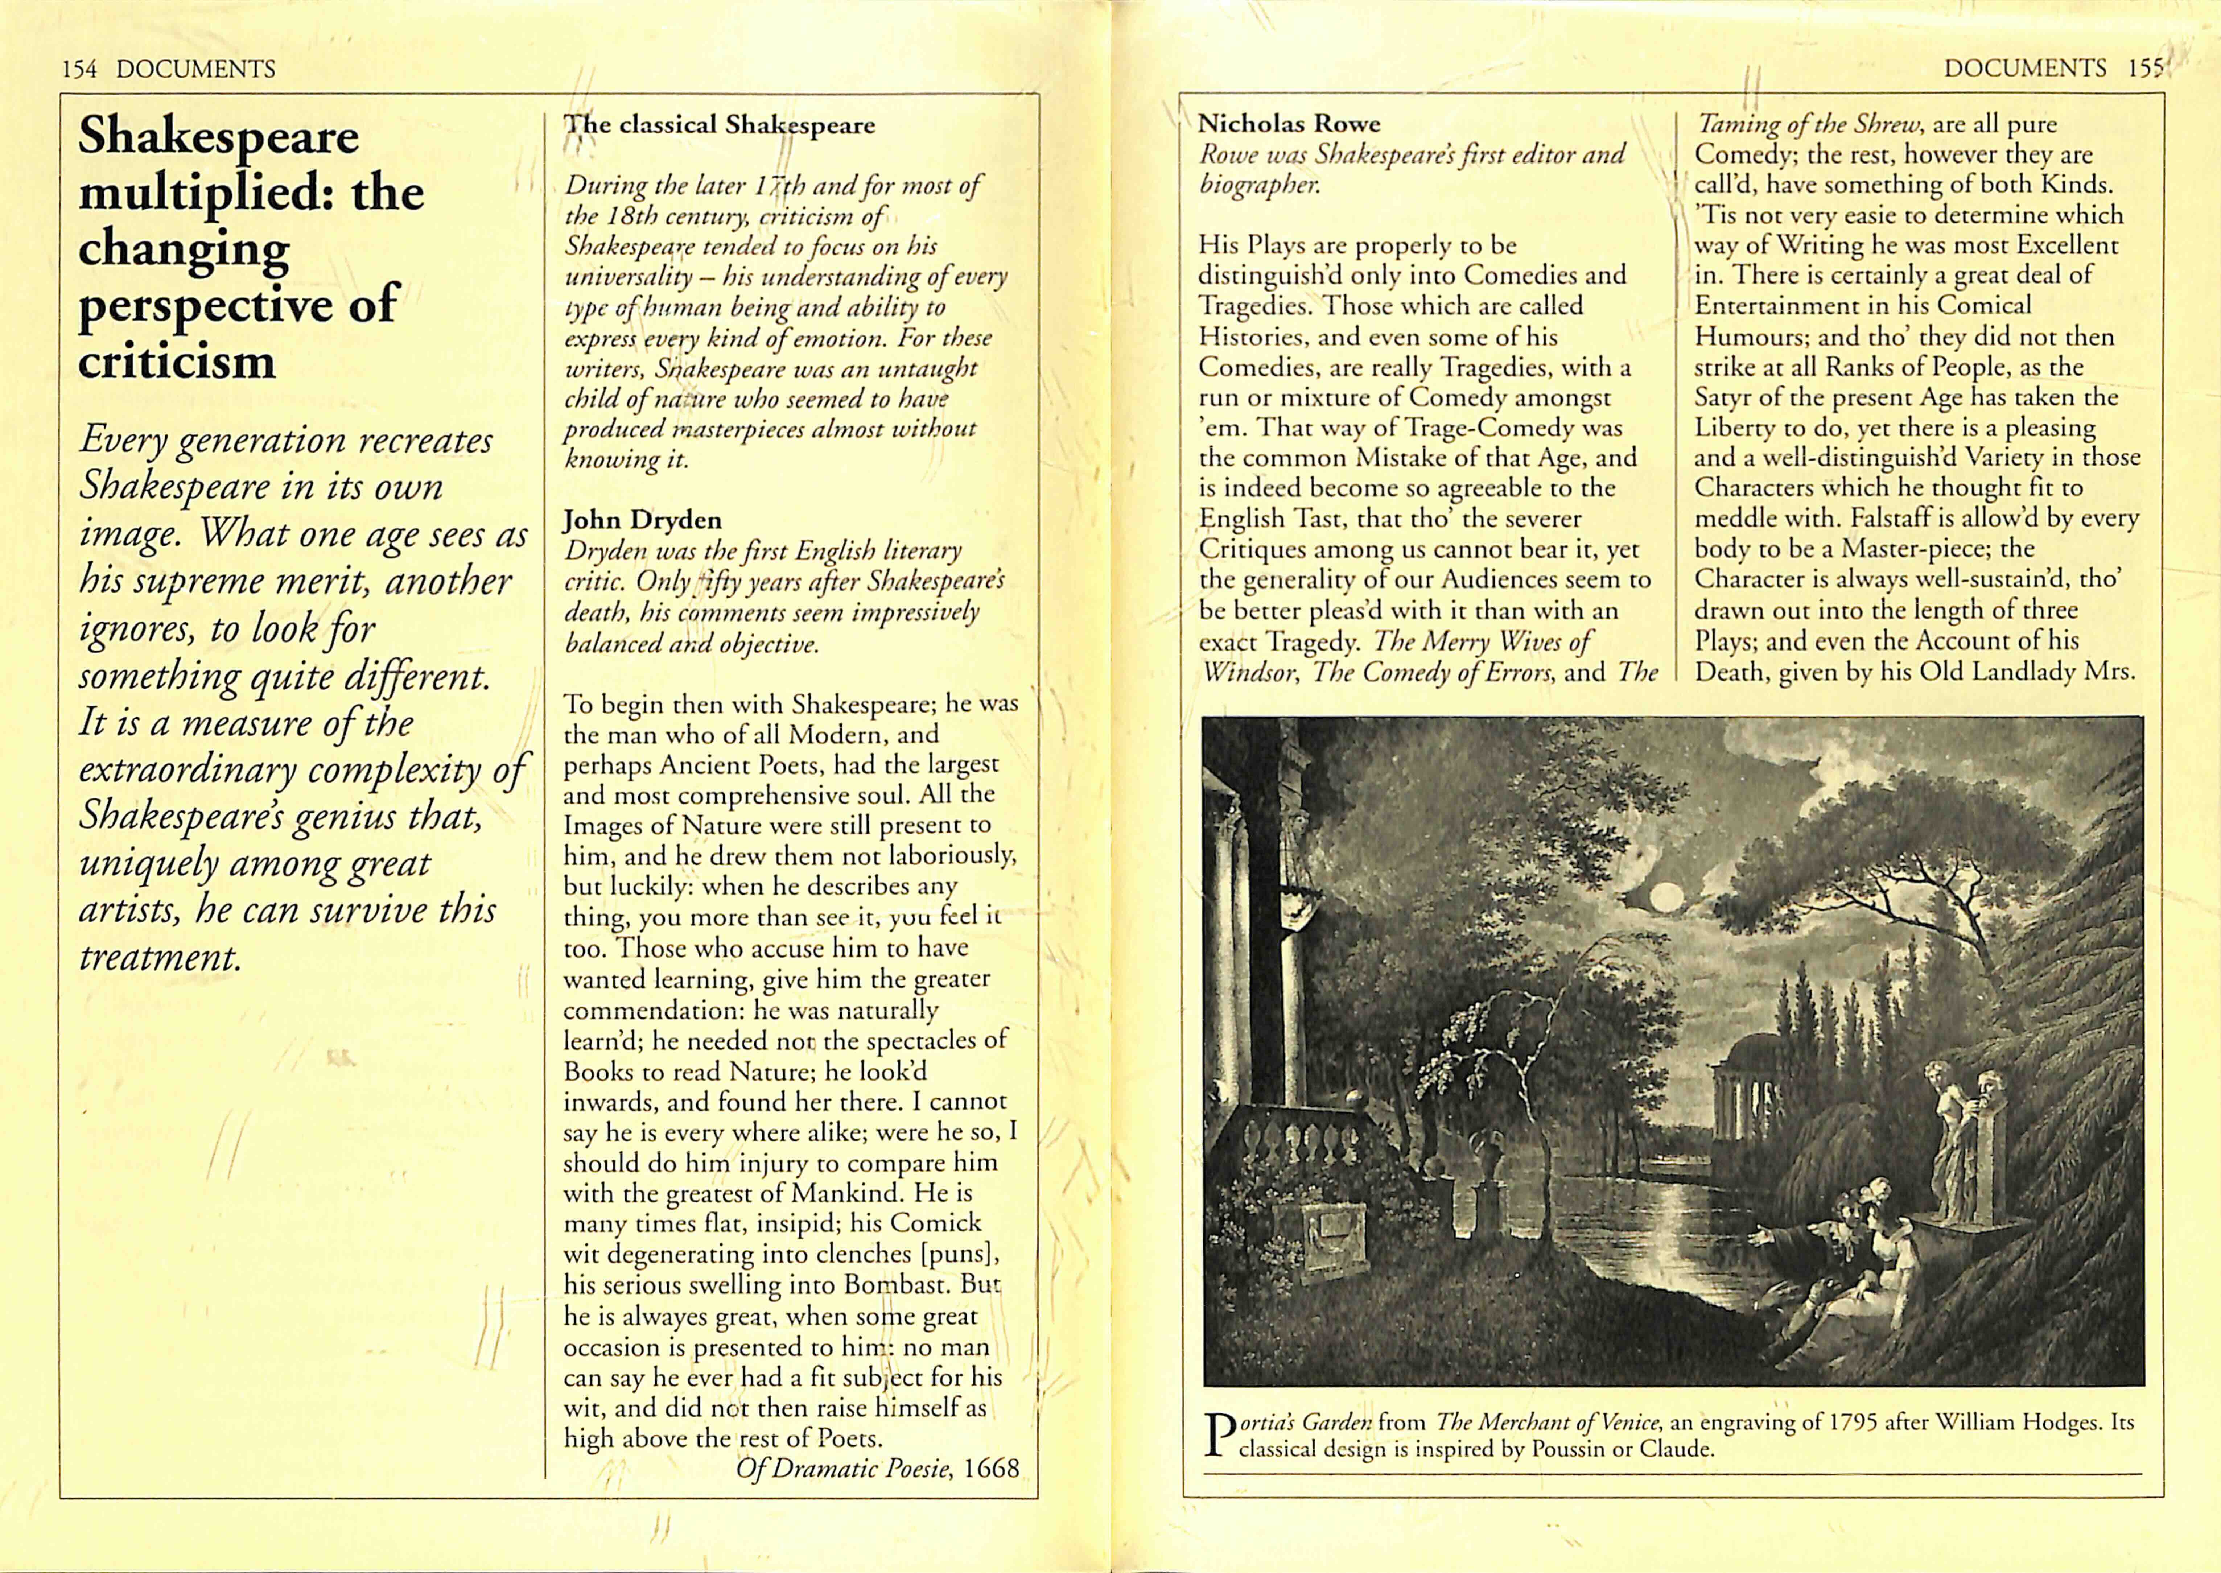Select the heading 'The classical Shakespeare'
720,125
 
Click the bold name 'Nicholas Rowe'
1288,124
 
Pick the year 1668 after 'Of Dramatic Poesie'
992,1469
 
